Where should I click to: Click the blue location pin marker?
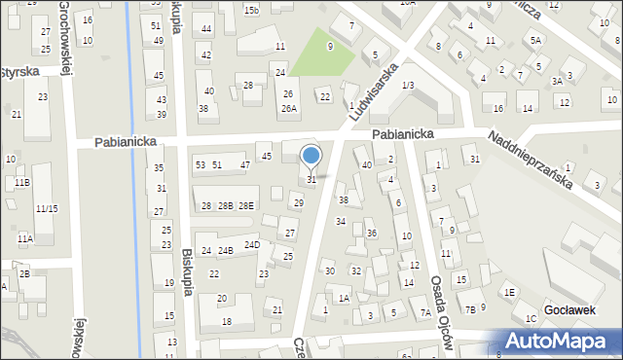coord(311,156)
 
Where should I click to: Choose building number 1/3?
coord(408,86)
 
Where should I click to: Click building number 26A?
coord(289,108)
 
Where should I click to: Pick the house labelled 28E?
coord(246,205)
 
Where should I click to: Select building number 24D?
coord(252,244)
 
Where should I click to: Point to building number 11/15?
coord(46,208)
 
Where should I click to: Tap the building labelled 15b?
coord(251,10)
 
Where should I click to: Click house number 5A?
coord(535,40)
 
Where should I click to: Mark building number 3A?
coord(557,82)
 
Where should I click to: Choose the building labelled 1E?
coord(508,292)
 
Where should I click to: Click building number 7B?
coord(470,309)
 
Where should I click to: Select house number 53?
coord(200,165)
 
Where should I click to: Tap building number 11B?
coord(21,182)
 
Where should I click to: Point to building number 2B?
coord(24,273)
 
